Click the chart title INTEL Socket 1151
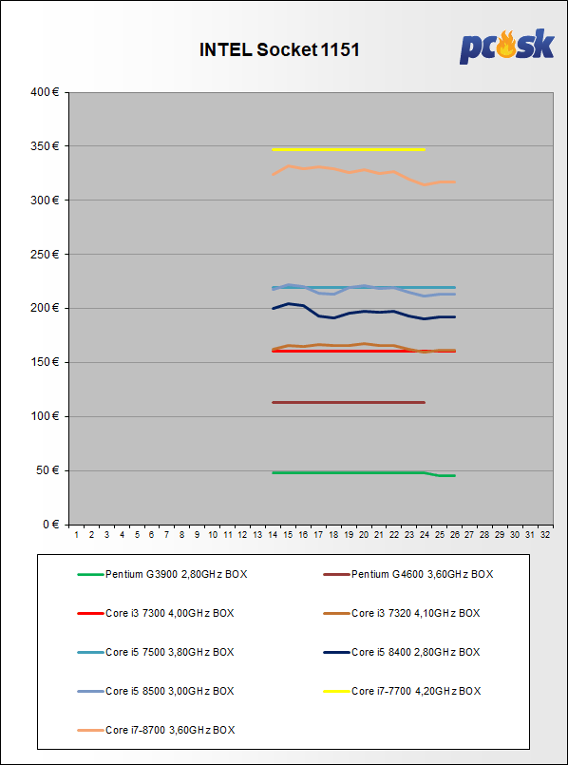[279, 50]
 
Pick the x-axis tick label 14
[273, 535]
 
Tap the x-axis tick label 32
[545, 535]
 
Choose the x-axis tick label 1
[77, 535]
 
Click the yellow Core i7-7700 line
[349, 149]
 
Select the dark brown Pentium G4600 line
[349, 403]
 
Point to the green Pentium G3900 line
[364, 472]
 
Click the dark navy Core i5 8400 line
[364, 313]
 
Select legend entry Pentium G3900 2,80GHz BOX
[162, 574]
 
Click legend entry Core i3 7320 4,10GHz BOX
[402, 613]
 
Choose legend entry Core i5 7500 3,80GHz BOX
[156, 652]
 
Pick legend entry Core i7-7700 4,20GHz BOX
[402, 691]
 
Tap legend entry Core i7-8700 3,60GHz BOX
[156, 730]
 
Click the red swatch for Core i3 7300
[90, 613]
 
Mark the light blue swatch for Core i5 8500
[90, 691]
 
